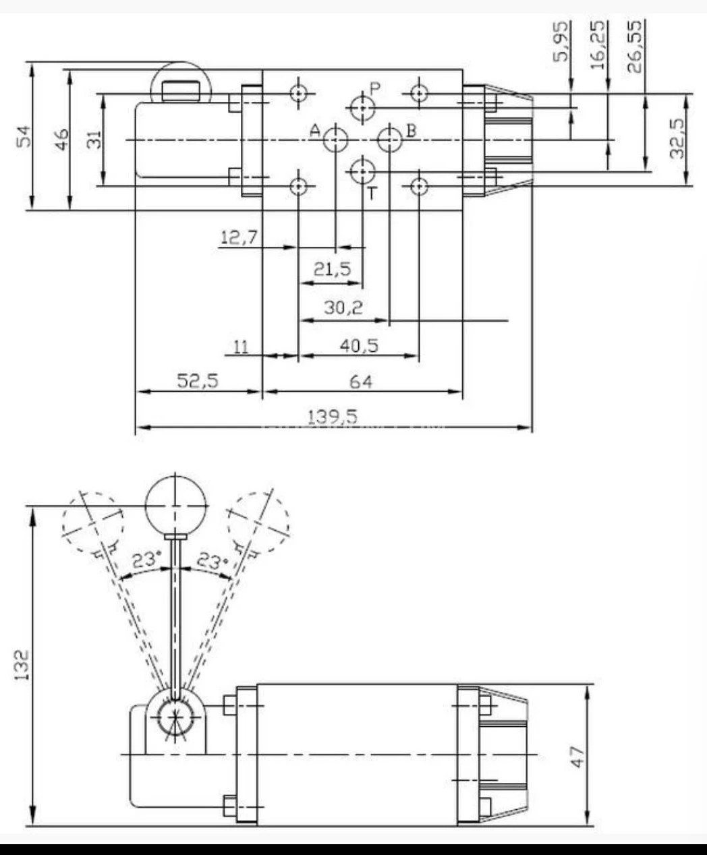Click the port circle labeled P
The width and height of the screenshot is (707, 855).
[x=362, y=107]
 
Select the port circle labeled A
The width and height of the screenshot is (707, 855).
[x=335, y=140]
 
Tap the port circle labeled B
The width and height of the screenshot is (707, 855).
[x=389, y=140]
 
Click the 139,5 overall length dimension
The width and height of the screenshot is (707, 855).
[x=332, y=416]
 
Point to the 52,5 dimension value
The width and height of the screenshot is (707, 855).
[x=198, y=381]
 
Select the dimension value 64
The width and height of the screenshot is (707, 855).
[x=361, y=382]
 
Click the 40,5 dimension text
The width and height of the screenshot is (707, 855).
[x=359, y=346]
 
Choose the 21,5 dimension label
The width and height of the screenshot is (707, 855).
[x=332, y=270]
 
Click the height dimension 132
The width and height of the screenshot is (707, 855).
[x=22, y=664]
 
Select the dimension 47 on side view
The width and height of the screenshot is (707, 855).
[x=577, y=755]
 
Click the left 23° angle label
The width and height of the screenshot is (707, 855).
[x=146, y=559]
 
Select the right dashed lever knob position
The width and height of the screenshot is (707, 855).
[x=258, y=523]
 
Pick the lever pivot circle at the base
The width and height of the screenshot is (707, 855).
[x=175, y=718]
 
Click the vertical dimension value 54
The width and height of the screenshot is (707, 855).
[x=23, y=136]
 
